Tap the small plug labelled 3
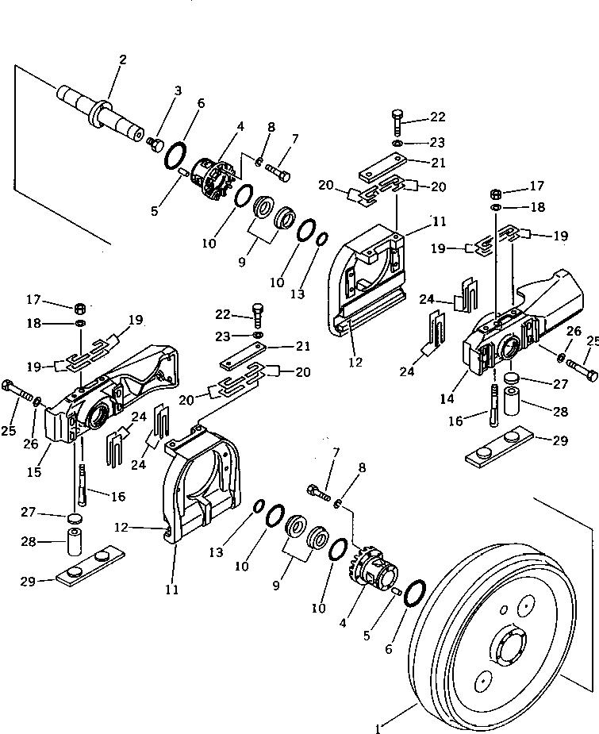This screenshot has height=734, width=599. (156, 143)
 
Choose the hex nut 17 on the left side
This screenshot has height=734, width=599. (80, 308)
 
